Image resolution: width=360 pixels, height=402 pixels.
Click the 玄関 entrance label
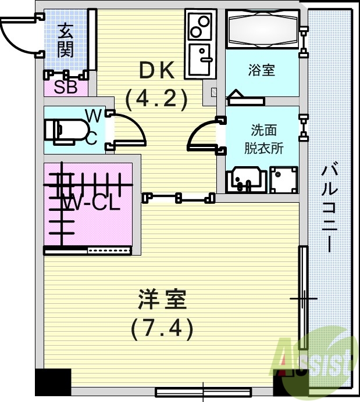(x=65, y=40)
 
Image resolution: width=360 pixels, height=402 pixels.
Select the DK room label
(x=156, y=71)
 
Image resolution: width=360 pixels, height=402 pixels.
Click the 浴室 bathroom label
(x=261, y=71)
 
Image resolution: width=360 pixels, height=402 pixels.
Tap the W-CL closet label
(x=91, y=203)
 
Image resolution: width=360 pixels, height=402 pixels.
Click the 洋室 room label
(x=162, y=301)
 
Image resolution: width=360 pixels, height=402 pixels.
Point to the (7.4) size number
(x=161, y=329)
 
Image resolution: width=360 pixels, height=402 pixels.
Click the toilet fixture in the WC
(x=62, y=130)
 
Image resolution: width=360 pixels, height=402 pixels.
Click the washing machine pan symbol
(x=284, y=180)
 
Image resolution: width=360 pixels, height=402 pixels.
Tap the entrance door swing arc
(x=17, y=35)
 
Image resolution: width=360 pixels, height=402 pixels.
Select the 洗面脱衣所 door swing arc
(x=202, y=135)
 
